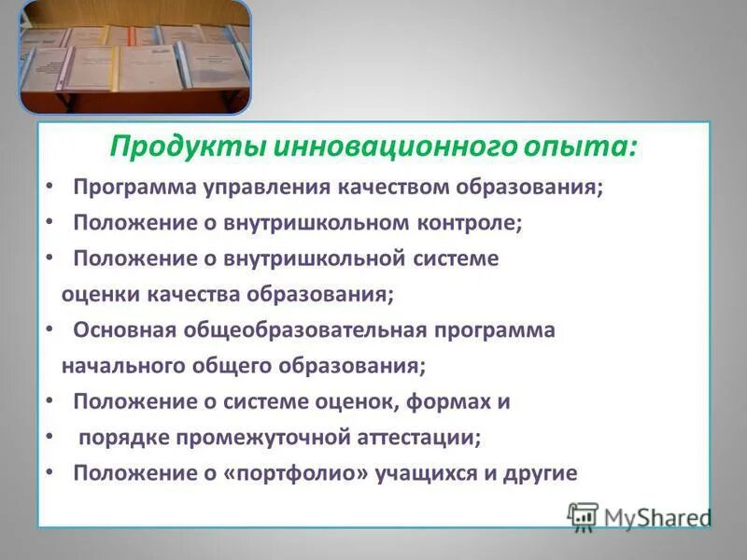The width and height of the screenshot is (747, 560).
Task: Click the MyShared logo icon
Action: pos(583,517)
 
